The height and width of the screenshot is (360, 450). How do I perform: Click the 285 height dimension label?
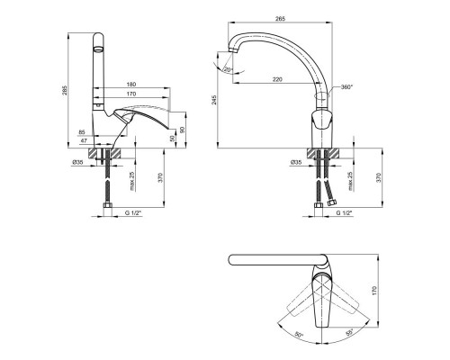point(65,90)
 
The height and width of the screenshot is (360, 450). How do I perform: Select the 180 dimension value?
point(131,84)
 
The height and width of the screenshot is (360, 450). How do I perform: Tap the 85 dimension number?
point(82,131)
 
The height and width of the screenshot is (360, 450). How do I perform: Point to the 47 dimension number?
point(84,140)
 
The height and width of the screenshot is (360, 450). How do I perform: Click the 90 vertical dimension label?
point(183,130)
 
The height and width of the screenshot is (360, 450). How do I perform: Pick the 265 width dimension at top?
point(280,19)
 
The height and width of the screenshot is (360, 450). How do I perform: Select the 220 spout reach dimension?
point(277,79)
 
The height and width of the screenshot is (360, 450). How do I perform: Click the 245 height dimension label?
point(214,100)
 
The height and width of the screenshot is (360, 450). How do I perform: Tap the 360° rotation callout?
point(347,87)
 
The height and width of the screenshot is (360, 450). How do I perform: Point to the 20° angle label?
point(229,69)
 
